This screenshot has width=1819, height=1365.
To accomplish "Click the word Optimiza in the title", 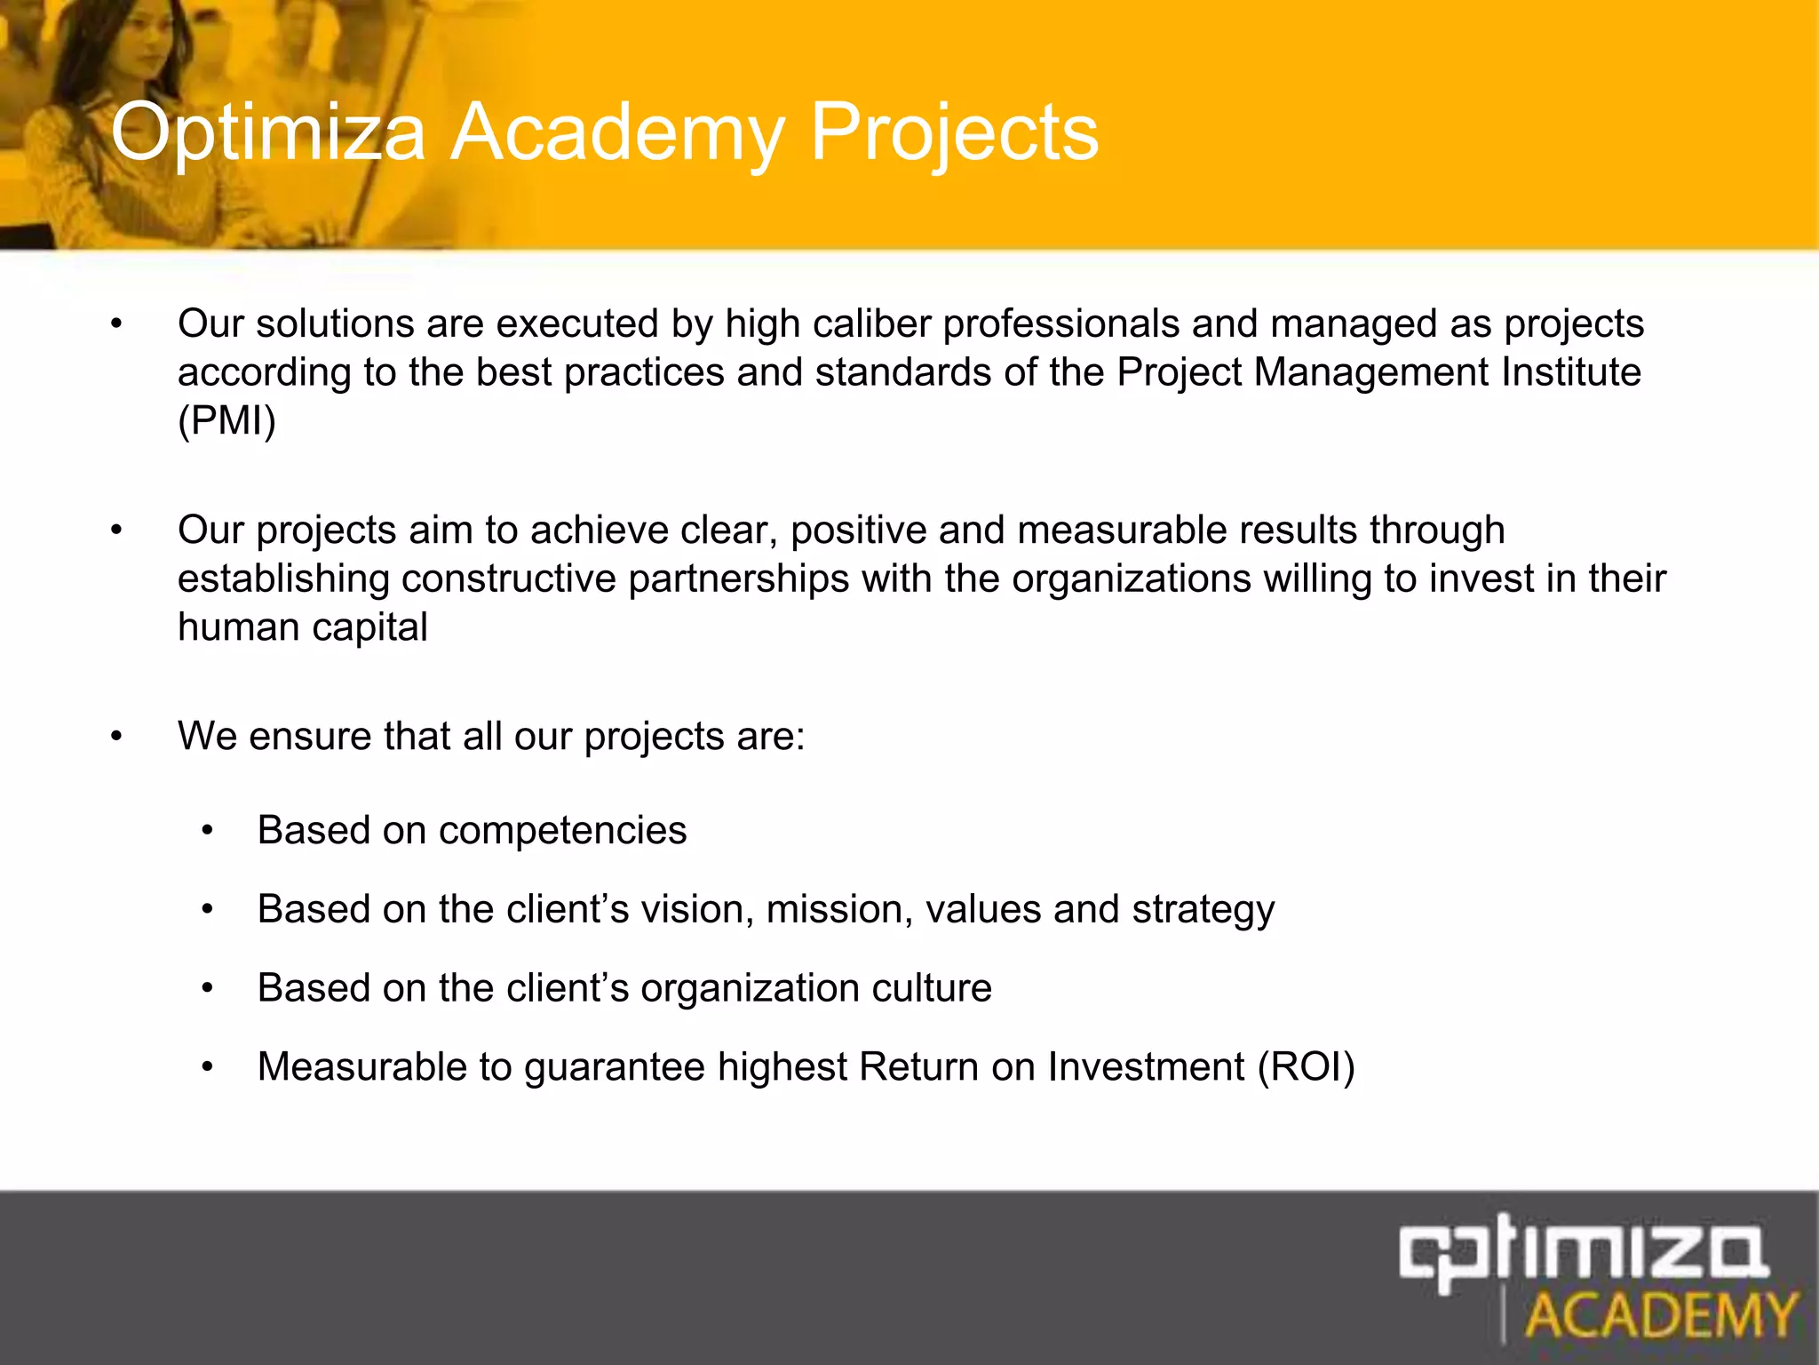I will click(268, 133).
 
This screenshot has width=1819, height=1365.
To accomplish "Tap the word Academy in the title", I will click(617, 133).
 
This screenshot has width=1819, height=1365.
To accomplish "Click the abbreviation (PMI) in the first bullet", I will click(226, 420).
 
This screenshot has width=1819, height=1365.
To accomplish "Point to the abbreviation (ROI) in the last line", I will click(1306, 1067).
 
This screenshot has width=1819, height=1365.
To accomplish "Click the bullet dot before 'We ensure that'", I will click(116, 738).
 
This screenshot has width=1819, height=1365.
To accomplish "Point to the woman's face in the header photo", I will click(138, 40).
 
